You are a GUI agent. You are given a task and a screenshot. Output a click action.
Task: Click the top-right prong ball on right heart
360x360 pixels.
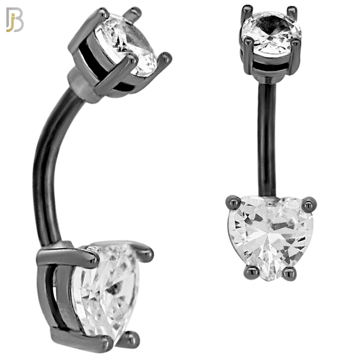[x=310, y=201]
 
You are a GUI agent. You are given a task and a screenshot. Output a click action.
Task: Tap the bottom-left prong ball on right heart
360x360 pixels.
[x=247, y=273]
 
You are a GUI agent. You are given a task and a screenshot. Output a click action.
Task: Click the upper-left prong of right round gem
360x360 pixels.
[x=246, y=9]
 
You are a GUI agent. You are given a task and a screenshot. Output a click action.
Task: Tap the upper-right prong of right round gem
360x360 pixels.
[x=292, y=9]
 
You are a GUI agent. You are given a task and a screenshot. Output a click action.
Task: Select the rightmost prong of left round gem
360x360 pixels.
[x=167, y=56]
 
